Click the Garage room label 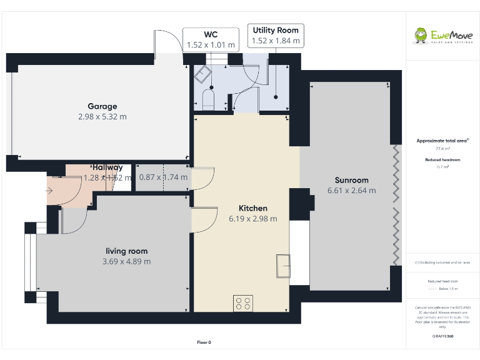[102, 106]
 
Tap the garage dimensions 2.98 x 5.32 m [102, 116]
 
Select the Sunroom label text [351, 180]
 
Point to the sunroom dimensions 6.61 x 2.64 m [351, 190]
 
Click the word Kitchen [253, 208]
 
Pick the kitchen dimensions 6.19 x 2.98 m [253, 218]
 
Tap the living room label [126, 251]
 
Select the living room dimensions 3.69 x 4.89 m [126, 261]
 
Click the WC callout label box [211, 39]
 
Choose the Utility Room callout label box [275, 35]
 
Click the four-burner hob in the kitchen [243, 303]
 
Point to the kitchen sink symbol [283, 266]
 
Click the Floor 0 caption [204, 342]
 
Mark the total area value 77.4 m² [442, 149]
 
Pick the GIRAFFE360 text [442, 336]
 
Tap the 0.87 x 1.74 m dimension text [163, 177]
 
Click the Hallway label [107, 167]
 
